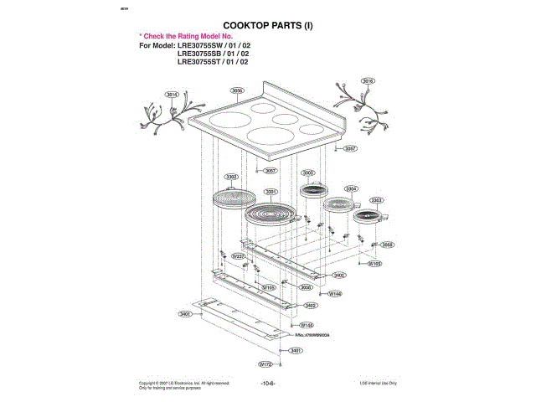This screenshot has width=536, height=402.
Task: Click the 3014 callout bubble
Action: [x=171, y=94]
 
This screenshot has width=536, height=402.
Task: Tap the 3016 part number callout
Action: [x=367, y=80]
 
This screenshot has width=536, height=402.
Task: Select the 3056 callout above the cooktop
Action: [x=237, y=90]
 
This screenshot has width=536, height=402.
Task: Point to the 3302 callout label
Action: [x=232, y=177]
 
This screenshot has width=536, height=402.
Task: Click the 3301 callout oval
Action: [x=271, y=192]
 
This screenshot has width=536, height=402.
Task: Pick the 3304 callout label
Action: [x=350, y=189]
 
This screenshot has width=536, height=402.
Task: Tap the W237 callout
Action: [x=237, y=255]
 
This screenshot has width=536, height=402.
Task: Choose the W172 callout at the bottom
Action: [x=265, y=364]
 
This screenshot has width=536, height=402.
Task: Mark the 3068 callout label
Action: [x=388, y=245]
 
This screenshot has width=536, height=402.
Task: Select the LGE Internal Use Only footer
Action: [x=379, y=383]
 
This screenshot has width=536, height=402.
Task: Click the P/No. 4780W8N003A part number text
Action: [x=314, y=334]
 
